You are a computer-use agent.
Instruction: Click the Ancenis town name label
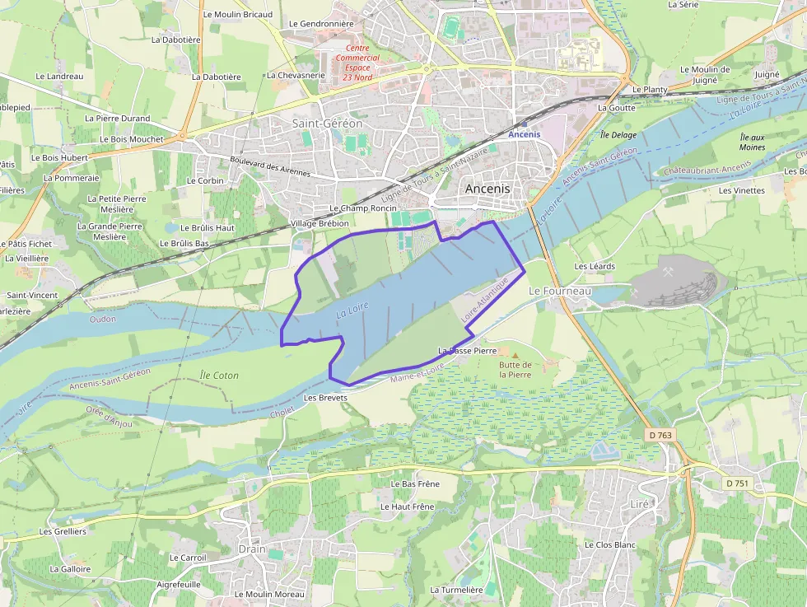click(x=487, y=189)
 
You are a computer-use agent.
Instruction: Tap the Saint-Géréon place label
click(x=327, y=123)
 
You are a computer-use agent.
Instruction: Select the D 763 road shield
click(x=660, y=434)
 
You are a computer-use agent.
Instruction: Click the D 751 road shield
click(x=737, y=483)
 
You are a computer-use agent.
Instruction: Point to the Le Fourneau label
click(x=560, y=291)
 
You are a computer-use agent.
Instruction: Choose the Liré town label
click(x=640, y=503)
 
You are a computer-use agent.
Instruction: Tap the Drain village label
click(x=252, y=549)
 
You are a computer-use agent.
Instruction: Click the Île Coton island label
click(x=219, y=376)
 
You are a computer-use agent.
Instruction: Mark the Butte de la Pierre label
click(x=515, y=370)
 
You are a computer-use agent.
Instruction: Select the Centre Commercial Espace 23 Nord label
click(x=357, y=63)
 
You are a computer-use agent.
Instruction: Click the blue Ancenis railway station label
click(x=525, y=134)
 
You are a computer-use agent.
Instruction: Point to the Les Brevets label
click(x=326, y=397)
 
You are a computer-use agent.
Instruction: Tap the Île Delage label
click(x=618, y=134)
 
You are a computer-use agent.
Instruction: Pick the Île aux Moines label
click(x=752, y=142)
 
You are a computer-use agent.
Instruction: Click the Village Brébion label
click(x=320, y=223)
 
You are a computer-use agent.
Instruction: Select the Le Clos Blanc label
click(x=610, y=544)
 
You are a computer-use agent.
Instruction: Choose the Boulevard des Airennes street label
click(x=270, y=166)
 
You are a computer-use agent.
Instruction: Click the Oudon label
click(x=103, y=319)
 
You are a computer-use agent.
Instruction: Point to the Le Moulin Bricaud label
click(x=237, y=14)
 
